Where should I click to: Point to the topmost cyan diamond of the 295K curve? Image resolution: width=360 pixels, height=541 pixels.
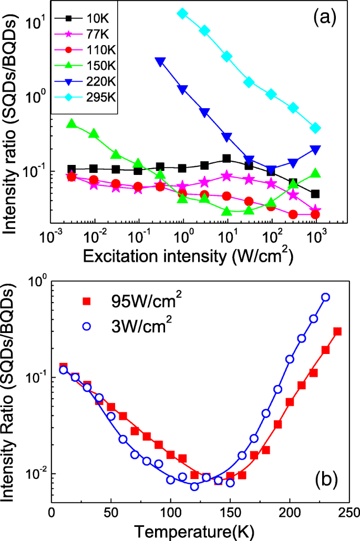click(x=183, y=13)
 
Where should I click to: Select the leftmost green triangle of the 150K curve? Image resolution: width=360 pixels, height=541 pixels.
click(x=72, y=123)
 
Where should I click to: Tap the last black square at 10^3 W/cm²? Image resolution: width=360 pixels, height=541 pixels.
click(x=315, y=194)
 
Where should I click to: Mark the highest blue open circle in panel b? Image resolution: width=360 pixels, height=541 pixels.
click(x=325, y=297)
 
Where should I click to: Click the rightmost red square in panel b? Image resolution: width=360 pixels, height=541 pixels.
click(x=337, y=331)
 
